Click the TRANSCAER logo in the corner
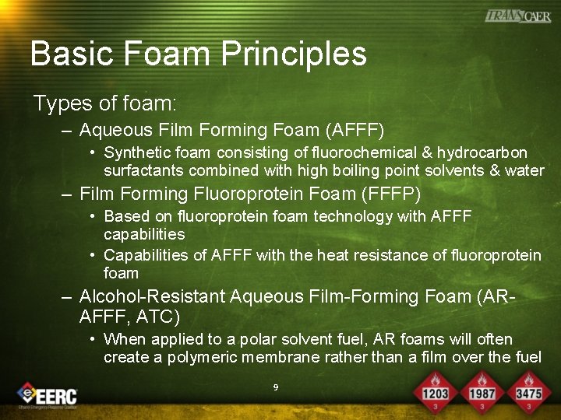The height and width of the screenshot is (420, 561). pyautogui.click(x=518, y=16)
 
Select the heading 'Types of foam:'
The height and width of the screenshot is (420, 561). pyautogui.click(x=104, y=103)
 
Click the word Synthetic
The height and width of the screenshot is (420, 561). pyautogui.click(x=133, y=152)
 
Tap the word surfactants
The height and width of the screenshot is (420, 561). pyautogui.click(x=142, y=170)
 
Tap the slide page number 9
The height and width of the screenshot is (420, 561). pyautogui.click(x=276, y=387)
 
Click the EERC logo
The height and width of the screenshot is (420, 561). pyautogui.click(x=48, y=395)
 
